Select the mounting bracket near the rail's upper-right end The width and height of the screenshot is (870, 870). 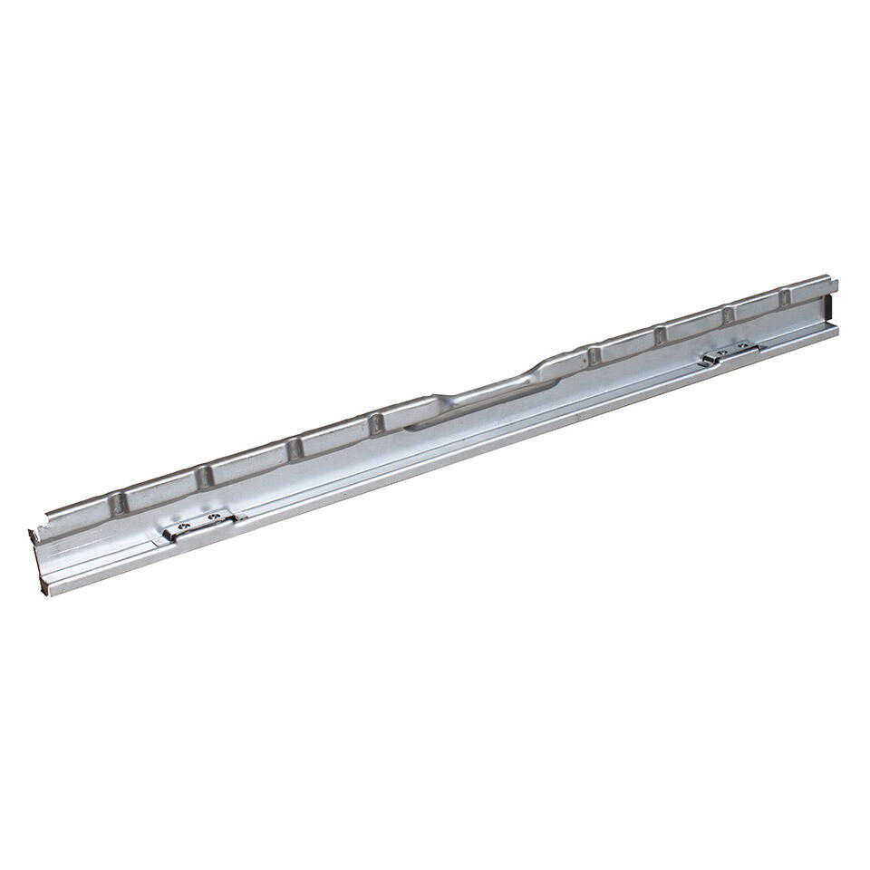tap(730, 353)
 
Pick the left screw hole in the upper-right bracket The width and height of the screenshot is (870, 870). tap(721, 353)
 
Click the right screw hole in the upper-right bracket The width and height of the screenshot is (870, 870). tap(743, 347)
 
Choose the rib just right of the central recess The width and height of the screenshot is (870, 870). tap(594, 354)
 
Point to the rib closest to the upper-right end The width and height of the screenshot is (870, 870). tap(785, 298)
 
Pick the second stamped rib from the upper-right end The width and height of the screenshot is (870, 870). tap(728, 314)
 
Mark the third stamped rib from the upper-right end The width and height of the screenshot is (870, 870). tap(661, 334)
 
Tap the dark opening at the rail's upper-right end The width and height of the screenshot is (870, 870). tap(829, 310)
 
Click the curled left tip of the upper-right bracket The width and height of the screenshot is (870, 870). tap(704, 361)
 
